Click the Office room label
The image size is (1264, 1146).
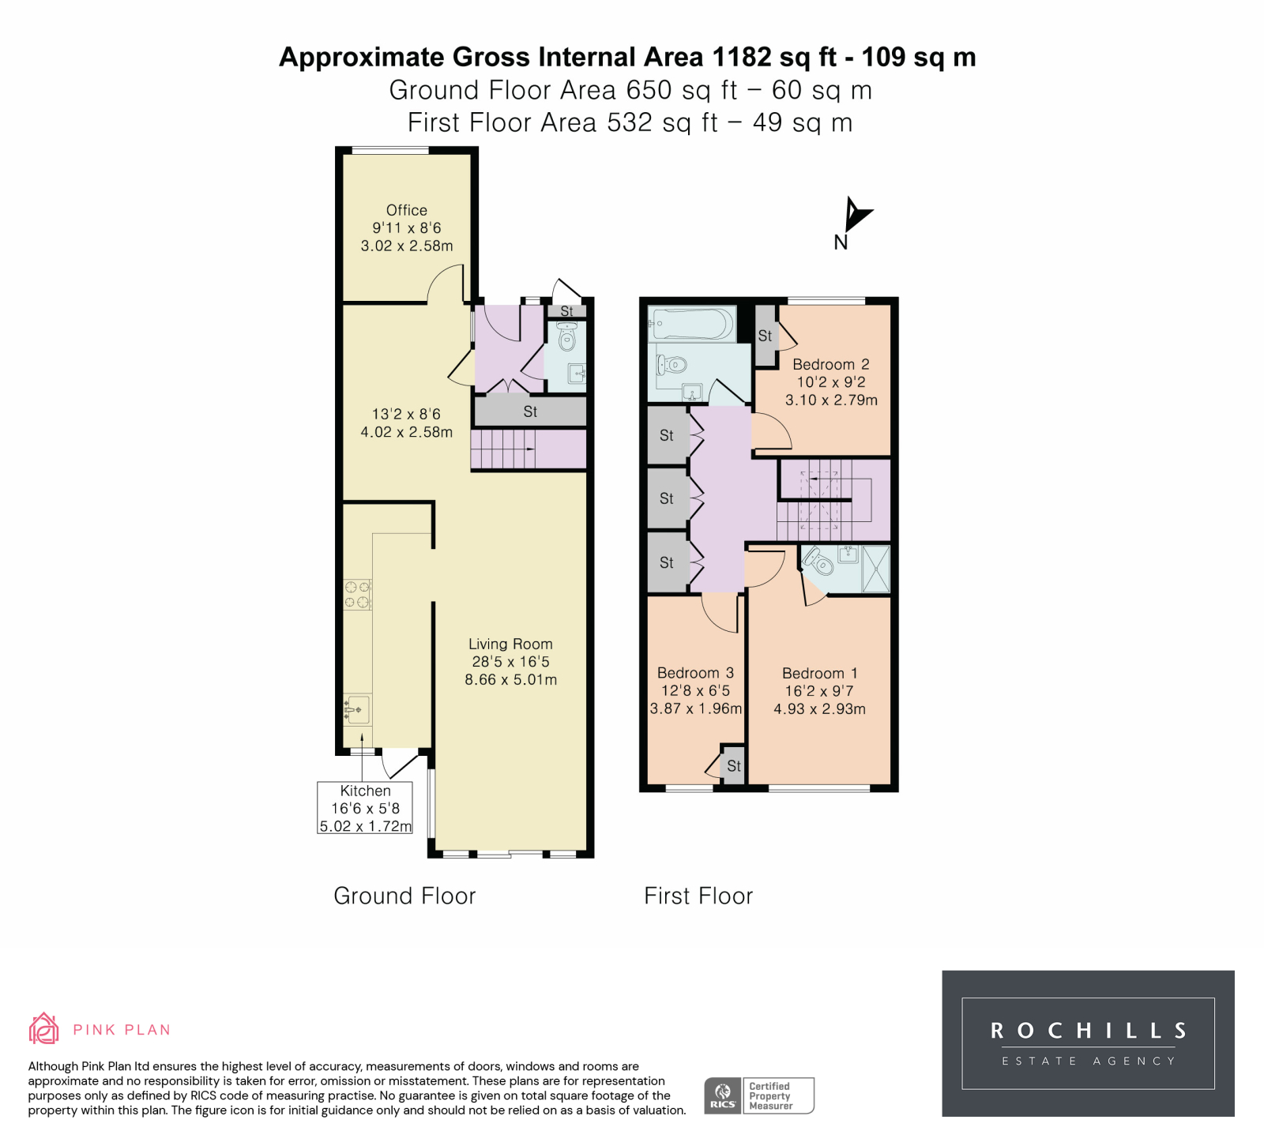pyautogui.click(x=407, y=210)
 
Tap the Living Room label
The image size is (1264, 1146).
pyautogui.click(x=510, y=644)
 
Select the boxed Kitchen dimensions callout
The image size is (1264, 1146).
pyautogui.click(x=365, y=808)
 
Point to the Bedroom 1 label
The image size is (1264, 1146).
pyautogui.click(x=819, y=674)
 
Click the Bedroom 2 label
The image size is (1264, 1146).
pyautogui.click(x=831, y=365)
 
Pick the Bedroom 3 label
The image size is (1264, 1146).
pyautogui.click(x=695, y=674)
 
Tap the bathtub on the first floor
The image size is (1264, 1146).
pyautogui.click(x=691, y=324)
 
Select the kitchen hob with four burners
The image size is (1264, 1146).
pyautogui.click(x=357, y=595)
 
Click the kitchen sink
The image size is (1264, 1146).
pyautogui.click(x=357, y=709)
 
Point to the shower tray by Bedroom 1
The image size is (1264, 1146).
pyautogui.click(x=875, y=569)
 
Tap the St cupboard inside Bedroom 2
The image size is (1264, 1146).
pyautogui.click(x=765, y=336)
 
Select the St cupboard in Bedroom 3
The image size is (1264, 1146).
pyautogui.click(x=733, y=765)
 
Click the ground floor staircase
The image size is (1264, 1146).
pyautogui.click(x=529, y=449)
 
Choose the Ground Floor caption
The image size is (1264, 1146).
pyautogui.click(x=404, y=896)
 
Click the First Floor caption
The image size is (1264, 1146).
pyautogui.click(x=698, y=896)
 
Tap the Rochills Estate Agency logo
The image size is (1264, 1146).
pyautogui.click(x=1088, y=1043)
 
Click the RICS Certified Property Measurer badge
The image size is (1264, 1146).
pyautogui.click(x=759, y=1095)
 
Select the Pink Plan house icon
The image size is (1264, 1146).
pyautogui.click(x=44, y=1028)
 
